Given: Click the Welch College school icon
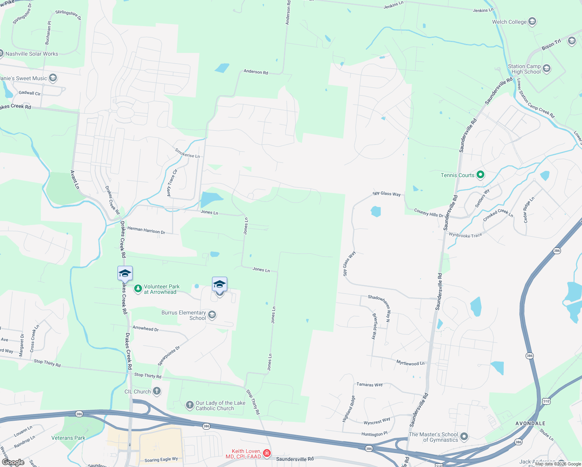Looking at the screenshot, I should click(x=532, y=22).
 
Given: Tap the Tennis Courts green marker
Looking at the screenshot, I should click(x=480, y=175).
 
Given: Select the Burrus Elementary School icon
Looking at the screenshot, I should click(x=212, y=315).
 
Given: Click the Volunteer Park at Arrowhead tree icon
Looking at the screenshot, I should click(x=138, y=289).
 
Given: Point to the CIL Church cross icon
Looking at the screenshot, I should click(x=157, y=391).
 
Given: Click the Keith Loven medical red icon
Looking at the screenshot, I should click(x=267, y=453).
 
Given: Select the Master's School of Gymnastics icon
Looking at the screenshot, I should click(x=464, y=437).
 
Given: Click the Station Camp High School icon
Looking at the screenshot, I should click(x=547, y=69).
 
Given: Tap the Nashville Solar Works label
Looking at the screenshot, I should click(x=32, y=54).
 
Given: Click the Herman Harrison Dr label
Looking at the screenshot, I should click(x=146, y=230).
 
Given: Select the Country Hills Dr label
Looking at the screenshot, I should click(x=428, y=212).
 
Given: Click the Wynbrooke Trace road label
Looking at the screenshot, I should click(x=465, y=235).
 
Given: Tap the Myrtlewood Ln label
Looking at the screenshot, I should click(x=410, y=363).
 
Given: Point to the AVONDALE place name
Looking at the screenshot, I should click(x=530, y=423).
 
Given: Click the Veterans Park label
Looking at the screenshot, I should click(x=68, y=438).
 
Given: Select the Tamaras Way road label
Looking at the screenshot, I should click(x=370, y=384).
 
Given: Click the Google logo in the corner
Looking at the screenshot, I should click(x=13, y=462).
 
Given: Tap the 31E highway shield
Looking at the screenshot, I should click(x=546, y=401).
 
